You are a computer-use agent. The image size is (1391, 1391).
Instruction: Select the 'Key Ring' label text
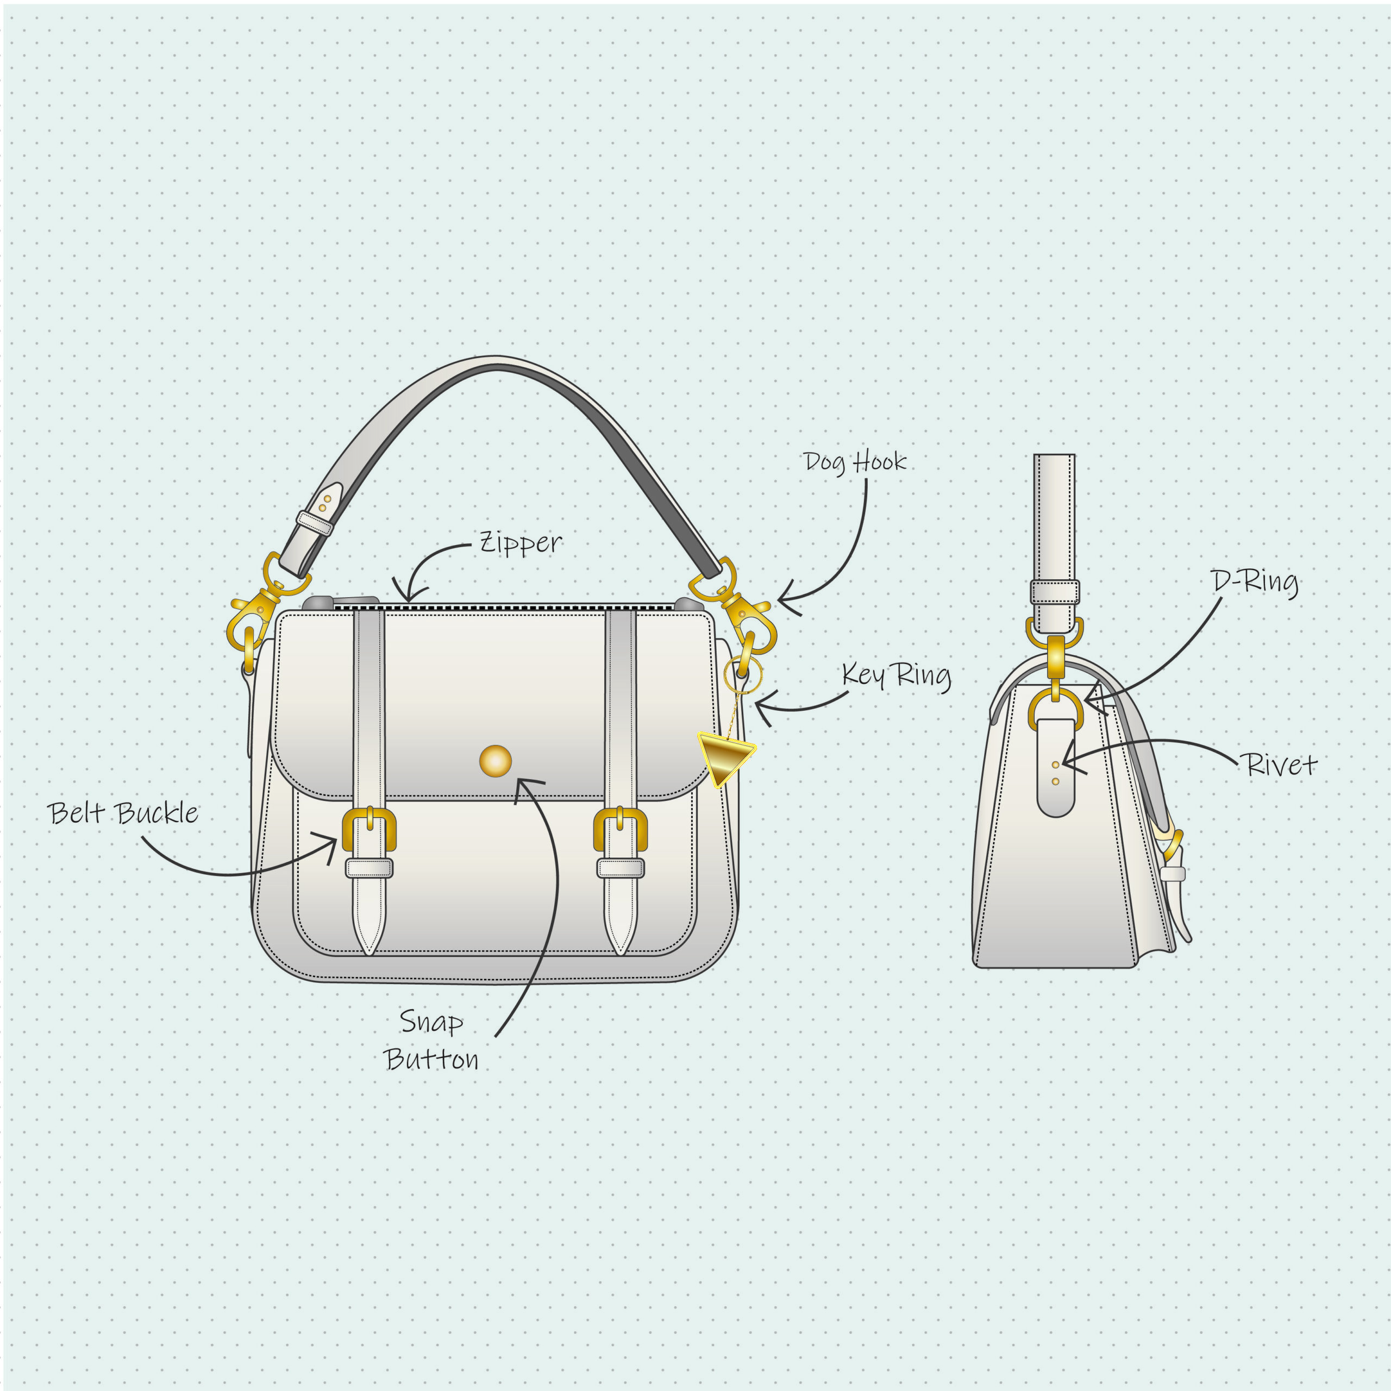click(897, 676)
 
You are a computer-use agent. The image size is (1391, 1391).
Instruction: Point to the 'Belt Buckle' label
click(122, 813)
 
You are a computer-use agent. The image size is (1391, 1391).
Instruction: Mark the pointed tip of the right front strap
click(621, 955)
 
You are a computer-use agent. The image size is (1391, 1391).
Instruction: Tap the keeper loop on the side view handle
click(1055, 592)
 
